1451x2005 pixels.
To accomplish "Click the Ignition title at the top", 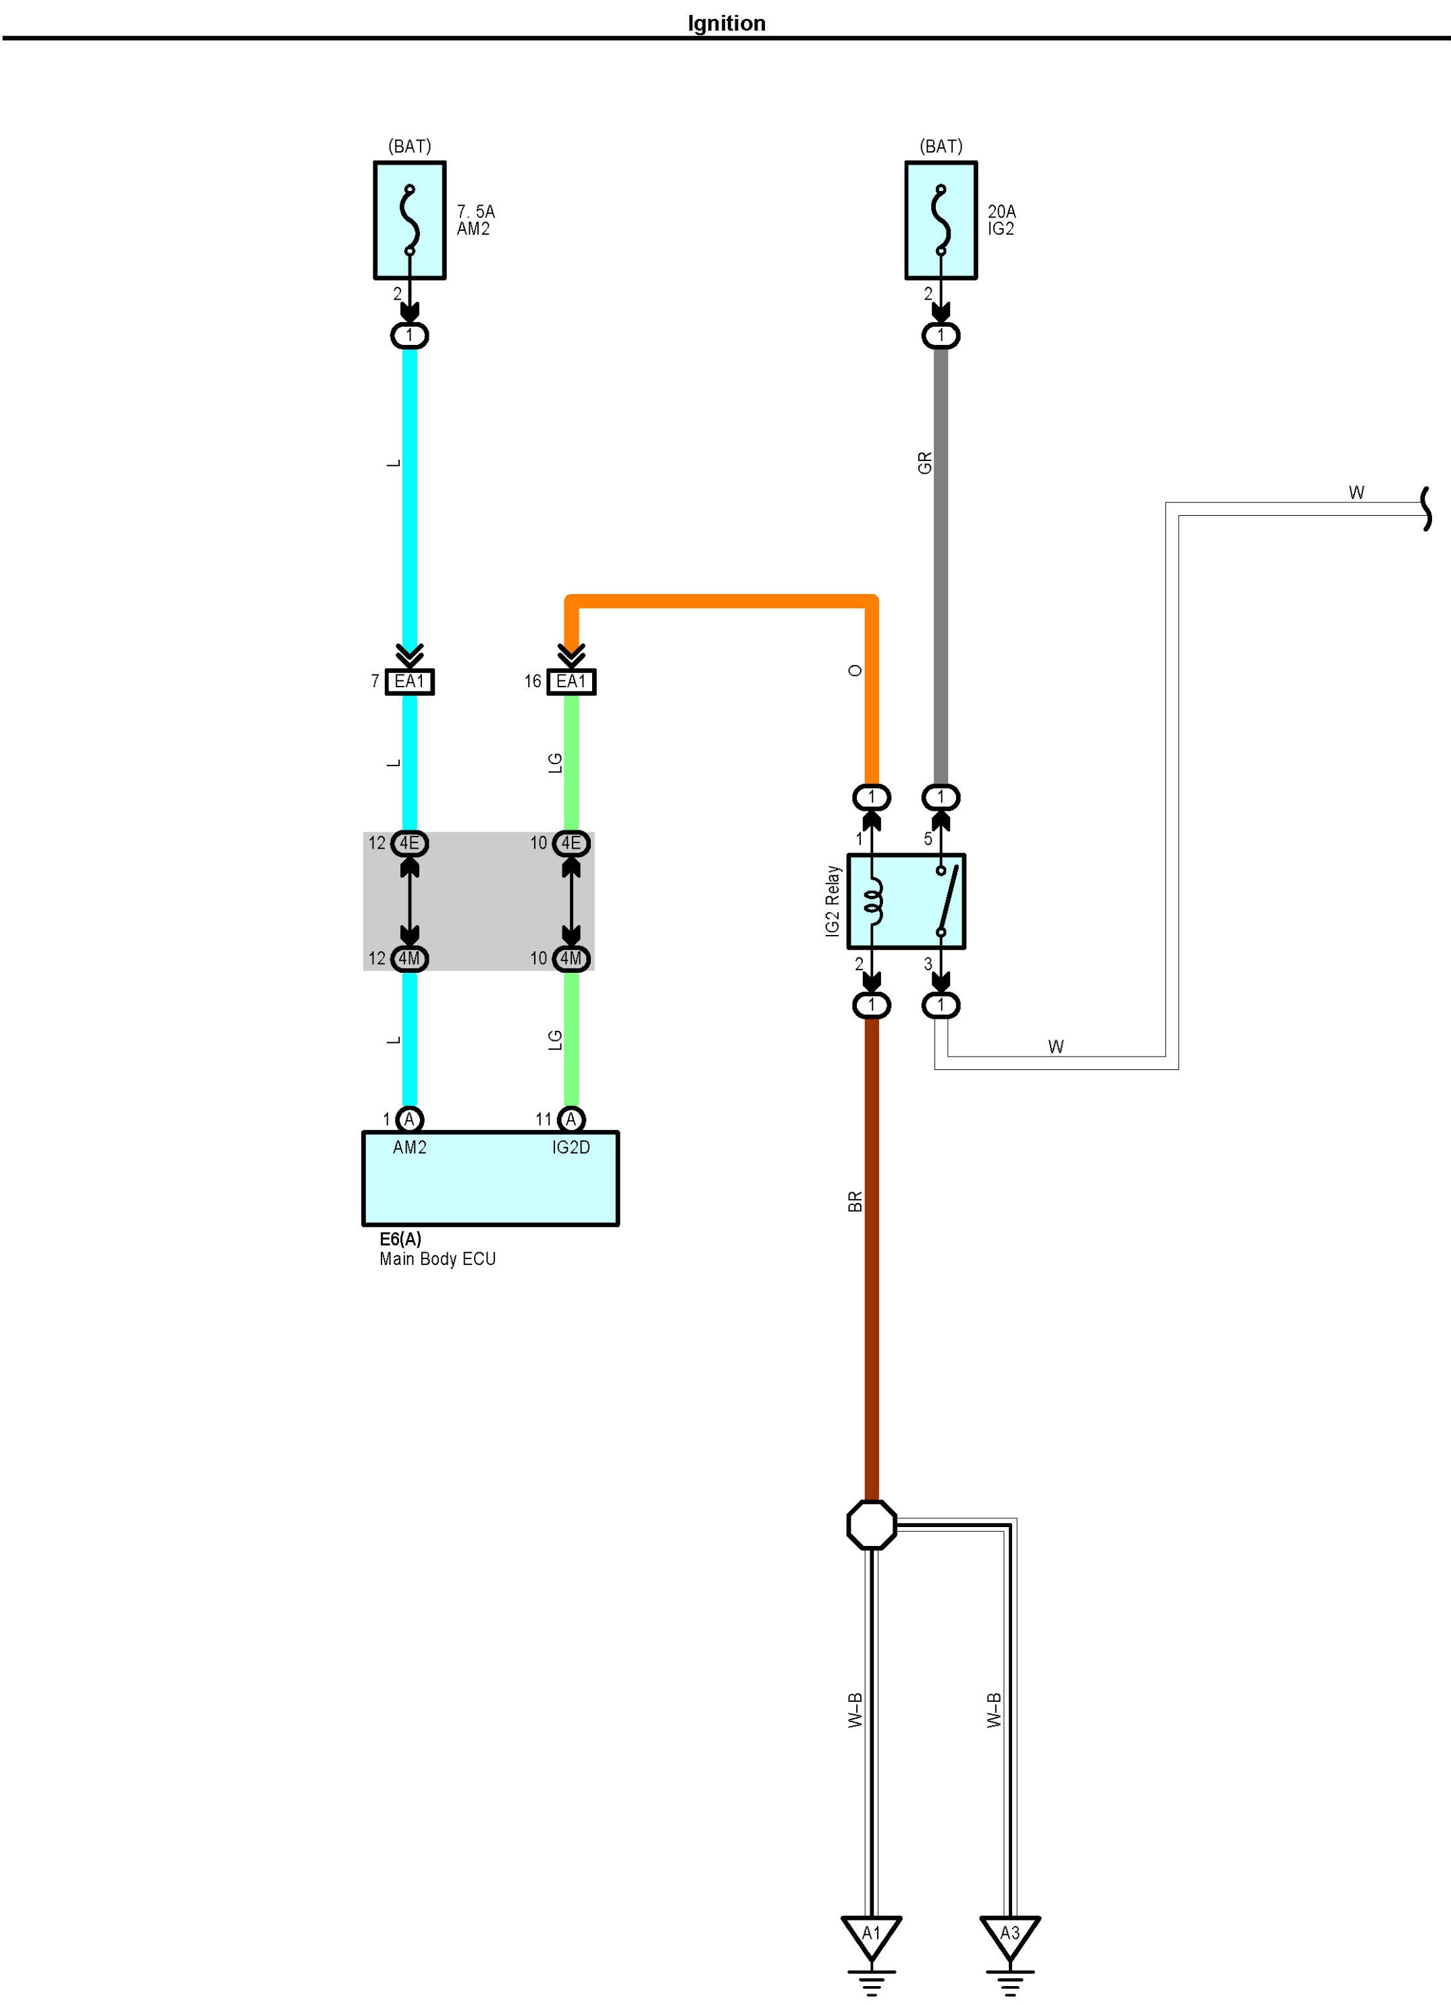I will [x=726, y=24].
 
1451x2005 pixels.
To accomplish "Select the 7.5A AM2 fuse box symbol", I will [x=409, y=220].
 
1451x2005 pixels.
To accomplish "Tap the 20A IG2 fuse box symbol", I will [x=941, y=220].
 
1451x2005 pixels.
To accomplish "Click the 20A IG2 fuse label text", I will [x=1002, y=220].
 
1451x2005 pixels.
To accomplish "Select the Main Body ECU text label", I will [x=437, y=1259].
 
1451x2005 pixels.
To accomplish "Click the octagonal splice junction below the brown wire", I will [x=872, y=1525].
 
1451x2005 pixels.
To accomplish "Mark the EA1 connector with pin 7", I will [x=409, y=682].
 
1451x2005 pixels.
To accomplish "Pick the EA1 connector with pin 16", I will [x=571, y=682].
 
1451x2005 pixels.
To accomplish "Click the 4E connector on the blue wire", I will [x=409, y=843].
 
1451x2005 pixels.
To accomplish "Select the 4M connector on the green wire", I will [x=571, y=959].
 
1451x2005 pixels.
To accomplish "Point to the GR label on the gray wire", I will [x=925, y=463].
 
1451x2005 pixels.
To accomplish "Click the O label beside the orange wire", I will [x=855, y=671].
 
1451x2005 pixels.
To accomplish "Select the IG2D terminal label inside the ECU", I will [x=571, y=1148].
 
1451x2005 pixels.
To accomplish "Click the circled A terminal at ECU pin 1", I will [x=409, y=1120].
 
